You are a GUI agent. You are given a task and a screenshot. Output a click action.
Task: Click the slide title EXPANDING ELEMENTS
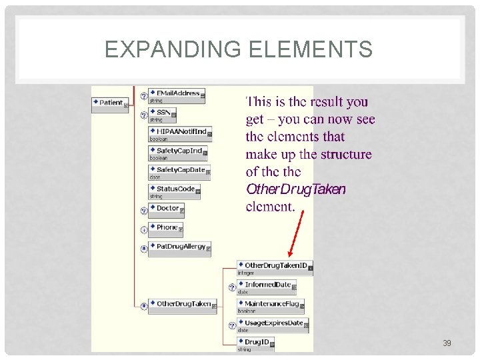(239, 49)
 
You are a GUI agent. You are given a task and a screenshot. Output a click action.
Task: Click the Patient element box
(109, 103)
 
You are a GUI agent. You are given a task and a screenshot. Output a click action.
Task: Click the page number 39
(447, 343)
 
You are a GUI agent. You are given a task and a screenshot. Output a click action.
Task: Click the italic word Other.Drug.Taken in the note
(295, 189)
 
